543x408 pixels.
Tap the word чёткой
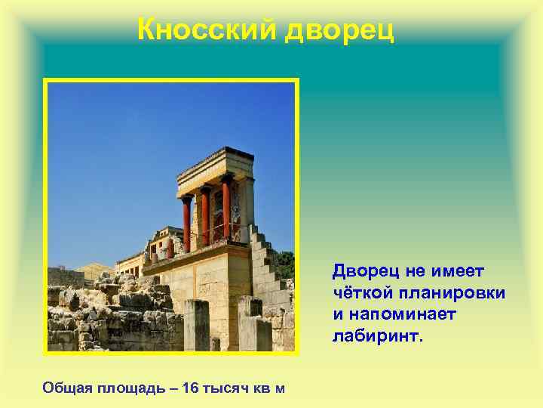pyautogui.click(x=361, y=291)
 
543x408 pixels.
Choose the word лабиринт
pyautogui.click(x=378, y=333)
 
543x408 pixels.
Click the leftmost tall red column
pyautogui.click(x=186, y=222)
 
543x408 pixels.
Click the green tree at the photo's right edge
pyautogui.click(x=284, y=264)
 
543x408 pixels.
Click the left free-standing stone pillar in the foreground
pyautogui.click(x=196, y=325)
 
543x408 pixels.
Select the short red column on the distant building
pyautogui.click(x=170, y=248)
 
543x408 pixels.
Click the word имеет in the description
pyautogui.click(x=461, y=270)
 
